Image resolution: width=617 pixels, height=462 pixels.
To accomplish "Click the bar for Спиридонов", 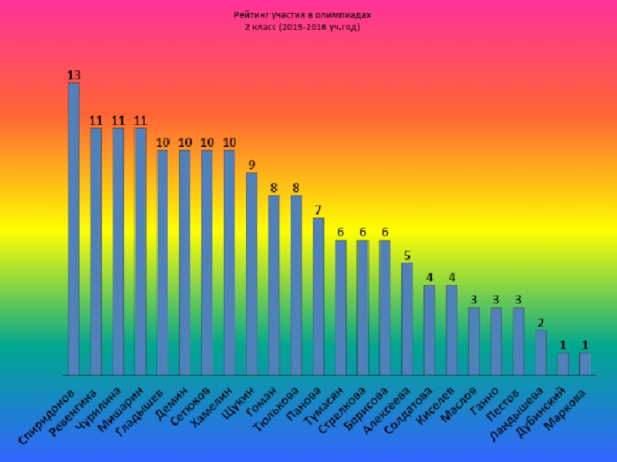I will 73,229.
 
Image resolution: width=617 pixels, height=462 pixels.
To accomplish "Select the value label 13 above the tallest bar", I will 73,75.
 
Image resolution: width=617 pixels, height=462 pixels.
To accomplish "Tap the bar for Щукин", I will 251,273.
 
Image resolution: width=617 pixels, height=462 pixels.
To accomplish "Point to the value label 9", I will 251,165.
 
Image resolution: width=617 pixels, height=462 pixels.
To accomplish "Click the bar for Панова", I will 319,296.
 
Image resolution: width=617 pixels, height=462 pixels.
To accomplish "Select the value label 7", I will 319,210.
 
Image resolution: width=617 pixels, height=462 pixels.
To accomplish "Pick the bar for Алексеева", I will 407,319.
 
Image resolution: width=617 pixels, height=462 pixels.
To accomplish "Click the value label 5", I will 407,255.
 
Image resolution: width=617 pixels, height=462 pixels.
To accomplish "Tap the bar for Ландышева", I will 541,353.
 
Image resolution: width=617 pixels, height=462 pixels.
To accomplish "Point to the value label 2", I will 541,323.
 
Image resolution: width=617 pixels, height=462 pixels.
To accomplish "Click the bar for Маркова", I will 585,363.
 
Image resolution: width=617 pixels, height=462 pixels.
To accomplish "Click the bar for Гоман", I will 274,285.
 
